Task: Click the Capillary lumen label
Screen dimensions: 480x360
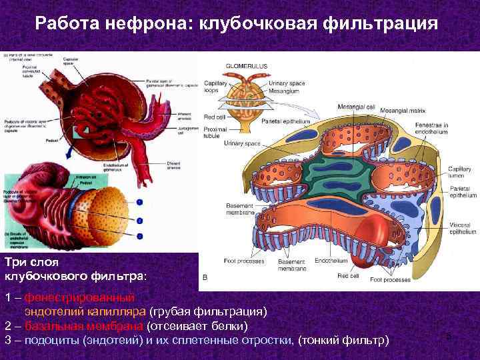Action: click(460, 173)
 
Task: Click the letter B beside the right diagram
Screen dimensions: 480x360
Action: click(204, 277)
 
